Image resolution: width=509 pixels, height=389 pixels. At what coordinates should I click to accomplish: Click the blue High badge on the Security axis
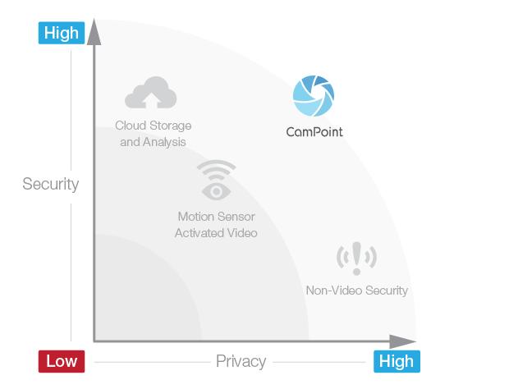pyautogui.click(x=62, y=33)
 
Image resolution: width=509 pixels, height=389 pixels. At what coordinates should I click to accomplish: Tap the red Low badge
pyautogui.click(x=62, y=361)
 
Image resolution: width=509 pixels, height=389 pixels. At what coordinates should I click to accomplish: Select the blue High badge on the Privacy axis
pyautogui.click(x=397, y=361)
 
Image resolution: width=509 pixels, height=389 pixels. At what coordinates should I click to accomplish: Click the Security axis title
pyautogui.click(x=51, y=184)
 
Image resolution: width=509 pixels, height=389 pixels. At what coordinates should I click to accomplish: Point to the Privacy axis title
pyautogui.click(x=241, y=361)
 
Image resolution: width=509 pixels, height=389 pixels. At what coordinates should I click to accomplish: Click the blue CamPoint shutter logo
pyautogui.click(x=314, y=96)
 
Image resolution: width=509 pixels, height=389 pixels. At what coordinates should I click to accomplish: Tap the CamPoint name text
pyautogui.click(x=314, y=132)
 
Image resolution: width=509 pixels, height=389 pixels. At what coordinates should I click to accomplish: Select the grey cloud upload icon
pyautogui.click(x=150, y=93)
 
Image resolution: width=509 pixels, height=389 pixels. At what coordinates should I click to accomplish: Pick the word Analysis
pyautogui.click(x=164, y=142)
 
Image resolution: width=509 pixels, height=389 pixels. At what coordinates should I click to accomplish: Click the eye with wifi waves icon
pyautogui.click(x=216, y=180)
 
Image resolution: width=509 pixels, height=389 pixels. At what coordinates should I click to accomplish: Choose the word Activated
pyautogui.click(x=197, y=233)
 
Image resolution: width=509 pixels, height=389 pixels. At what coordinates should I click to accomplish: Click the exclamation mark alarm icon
pyautogui.click(x=356, y=259)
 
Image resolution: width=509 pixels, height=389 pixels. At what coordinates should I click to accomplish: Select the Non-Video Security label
pyautogui.click(x=357, y=291)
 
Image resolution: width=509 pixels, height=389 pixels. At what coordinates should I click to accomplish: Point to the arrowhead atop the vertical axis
pyautogui.click(x=94, y=32)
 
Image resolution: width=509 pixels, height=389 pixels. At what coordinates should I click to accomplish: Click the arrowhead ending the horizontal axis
pyautogui.click(x=402, y=341)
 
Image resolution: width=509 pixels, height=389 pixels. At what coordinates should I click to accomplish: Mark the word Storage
pyautogui.click(x=171, y=126)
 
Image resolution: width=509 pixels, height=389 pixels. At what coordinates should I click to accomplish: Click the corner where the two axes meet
pyautogui.click(x=94, y=341)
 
